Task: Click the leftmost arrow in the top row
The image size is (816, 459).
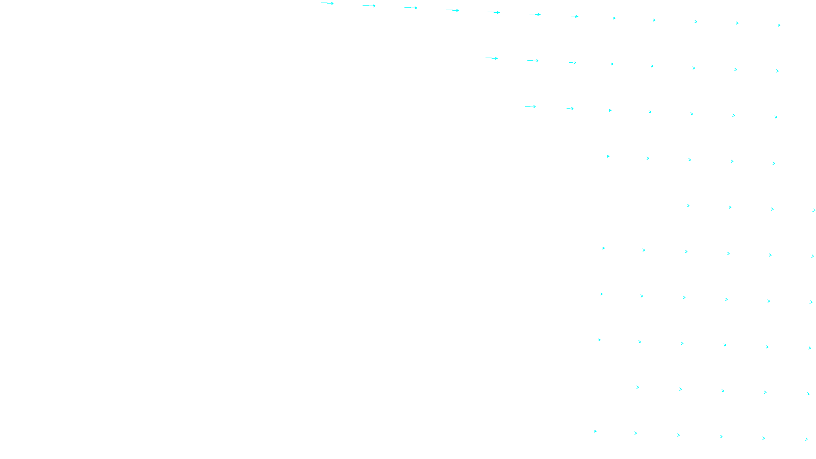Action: [327, 4]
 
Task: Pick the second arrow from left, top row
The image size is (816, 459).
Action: [369, 6]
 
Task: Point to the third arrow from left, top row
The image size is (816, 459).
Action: [411, 8]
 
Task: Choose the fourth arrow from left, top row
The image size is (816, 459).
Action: [452, 10]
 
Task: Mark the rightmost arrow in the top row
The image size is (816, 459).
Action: [779, 25]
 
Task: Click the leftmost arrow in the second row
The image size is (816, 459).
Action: [492, 58]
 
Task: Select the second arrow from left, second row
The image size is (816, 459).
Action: [533, 61]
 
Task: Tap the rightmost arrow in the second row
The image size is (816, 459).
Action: [777, 71]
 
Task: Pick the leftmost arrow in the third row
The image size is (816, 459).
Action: [530, 107]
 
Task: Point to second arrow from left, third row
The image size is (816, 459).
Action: [570, 109]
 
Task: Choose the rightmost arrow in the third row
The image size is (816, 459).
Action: [776, 117]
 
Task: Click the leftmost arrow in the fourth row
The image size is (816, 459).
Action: [608, 156]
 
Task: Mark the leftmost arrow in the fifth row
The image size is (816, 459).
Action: [688, 206]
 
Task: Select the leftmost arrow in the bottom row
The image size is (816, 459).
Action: [595, 431]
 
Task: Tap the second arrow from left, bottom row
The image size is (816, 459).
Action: [635, 433]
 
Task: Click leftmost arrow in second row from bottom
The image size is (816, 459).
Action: [637, 387]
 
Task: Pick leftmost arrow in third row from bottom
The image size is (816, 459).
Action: [599, 340]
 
